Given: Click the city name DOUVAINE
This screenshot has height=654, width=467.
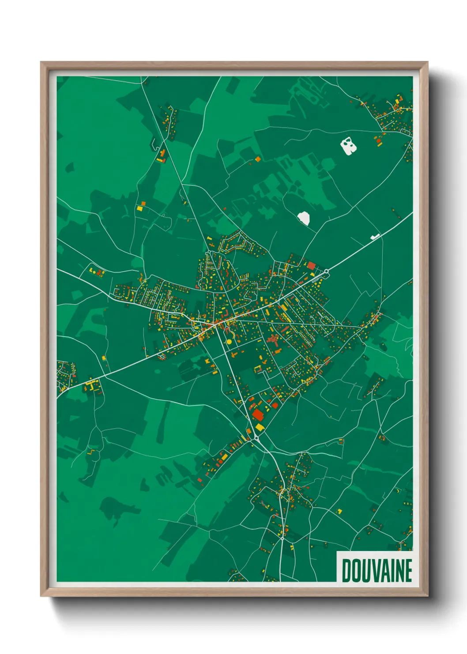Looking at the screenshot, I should (x=377, y=570).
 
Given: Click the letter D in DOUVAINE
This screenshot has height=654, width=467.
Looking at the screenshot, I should (x=346, y=570).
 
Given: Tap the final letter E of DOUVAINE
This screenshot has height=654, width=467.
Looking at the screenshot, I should (x=408, y=570).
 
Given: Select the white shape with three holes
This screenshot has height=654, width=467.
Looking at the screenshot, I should (x=348, y=145).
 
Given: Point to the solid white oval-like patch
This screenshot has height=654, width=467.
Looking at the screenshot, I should (x=304, y=217).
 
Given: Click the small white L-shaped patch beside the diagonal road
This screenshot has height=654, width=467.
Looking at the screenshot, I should (x=375, y=237).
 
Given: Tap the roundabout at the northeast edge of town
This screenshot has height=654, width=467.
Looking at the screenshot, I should (x=326, y=271).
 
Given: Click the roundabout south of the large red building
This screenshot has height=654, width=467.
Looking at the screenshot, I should (x=256, y=438).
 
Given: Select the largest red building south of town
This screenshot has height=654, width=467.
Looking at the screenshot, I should (x=257, y=414).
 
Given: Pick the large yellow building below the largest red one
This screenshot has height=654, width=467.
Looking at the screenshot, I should (x=259, y=427).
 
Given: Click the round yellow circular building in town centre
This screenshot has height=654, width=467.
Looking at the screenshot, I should (x=229, y=342).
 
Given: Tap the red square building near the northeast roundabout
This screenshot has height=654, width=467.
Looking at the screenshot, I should (x=311, y=266).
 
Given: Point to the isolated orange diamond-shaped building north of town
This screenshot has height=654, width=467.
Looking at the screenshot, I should (x=257, y=159).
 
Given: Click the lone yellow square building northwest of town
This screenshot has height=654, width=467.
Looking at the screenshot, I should (x=140, y=208).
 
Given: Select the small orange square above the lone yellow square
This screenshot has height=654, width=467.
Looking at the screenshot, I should (x=143, y=203).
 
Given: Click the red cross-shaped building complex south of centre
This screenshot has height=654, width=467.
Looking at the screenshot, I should (x=272, y=340).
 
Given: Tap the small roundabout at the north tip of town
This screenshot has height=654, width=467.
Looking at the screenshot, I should (x=209, y=239).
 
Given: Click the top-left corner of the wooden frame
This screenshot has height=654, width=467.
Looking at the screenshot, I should (x=41, y=63).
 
